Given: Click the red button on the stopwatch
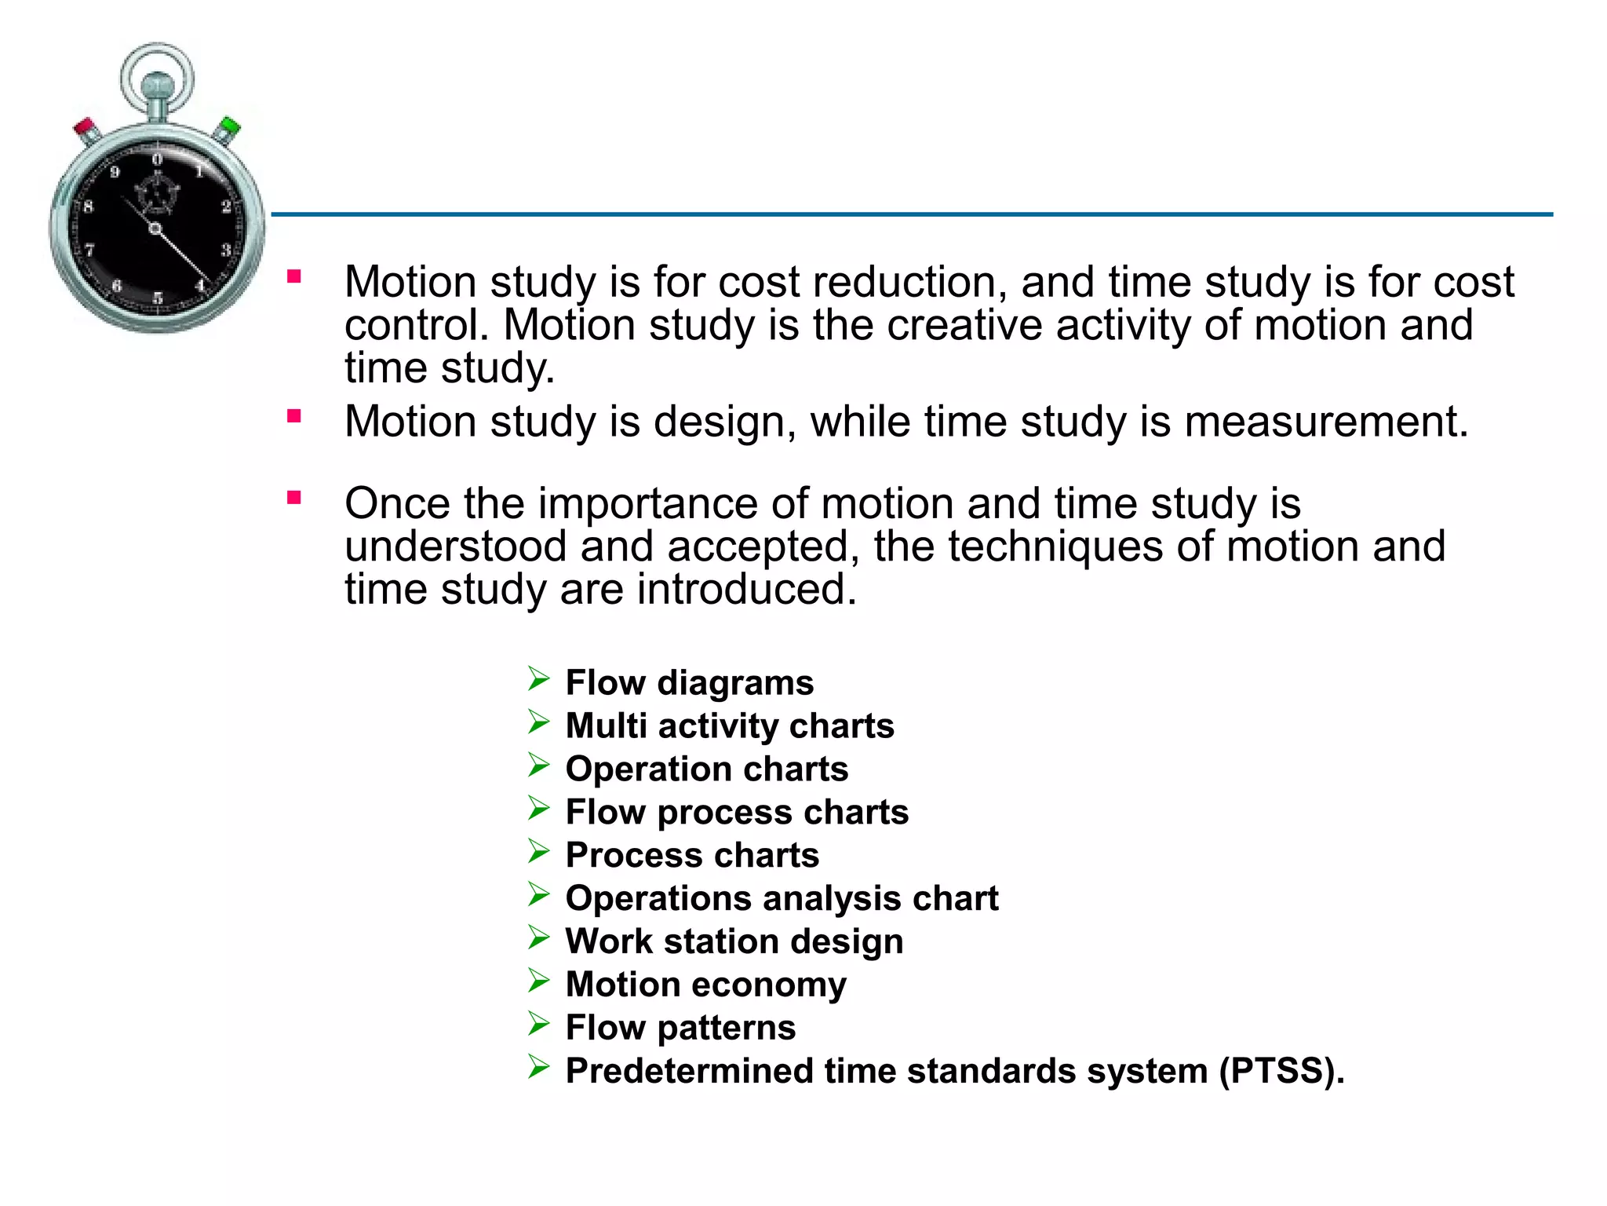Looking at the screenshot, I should tap(85, 128).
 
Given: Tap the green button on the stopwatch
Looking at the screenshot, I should tap(229, 127).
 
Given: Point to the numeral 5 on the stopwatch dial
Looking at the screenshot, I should tap(158, 298).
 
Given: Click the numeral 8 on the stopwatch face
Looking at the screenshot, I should tap(88, 206).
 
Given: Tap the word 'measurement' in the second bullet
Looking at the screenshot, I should tap(1325, 422).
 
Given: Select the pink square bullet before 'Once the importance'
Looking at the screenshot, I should tap(294, 497).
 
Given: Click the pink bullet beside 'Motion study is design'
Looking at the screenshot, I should tap(294, 416).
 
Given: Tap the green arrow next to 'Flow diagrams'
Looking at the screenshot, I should tap(538, 678).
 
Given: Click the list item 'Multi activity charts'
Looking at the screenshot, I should tap(730, 725).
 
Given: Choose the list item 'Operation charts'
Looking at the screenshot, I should tap(707, 769).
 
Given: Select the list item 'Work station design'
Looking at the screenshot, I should tap(734, 941).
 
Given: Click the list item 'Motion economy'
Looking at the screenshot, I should tap(706, 985).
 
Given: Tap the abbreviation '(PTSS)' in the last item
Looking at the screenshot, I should tap(1281, 1071).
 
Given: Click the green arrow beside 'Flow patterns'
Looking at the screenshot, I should tap(538, 1023).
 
